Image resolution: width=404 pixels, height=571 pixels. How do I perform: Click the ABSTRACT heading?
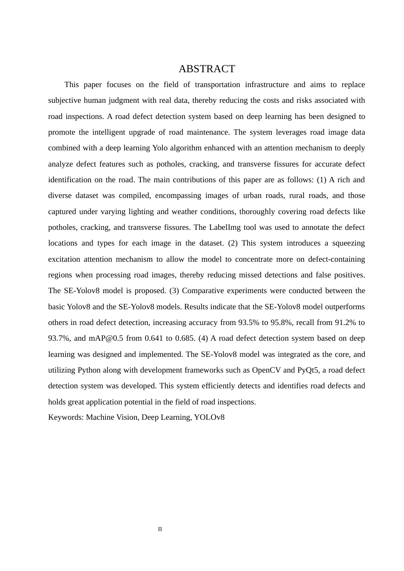point(207,69)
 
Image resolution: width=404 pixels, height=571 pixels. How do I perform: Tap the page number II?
point(160,529)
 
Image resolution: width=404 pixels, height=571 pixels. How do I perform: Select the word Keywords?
point(65,417)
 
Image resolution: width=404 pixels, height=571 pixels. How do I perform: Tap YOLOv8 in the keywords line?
point(209,417)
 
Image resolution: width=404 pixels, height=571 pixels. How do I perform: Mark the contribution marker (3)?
point(174,291)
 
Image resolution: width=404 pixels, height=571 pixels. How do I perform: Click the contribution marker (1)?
point(321,180)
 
